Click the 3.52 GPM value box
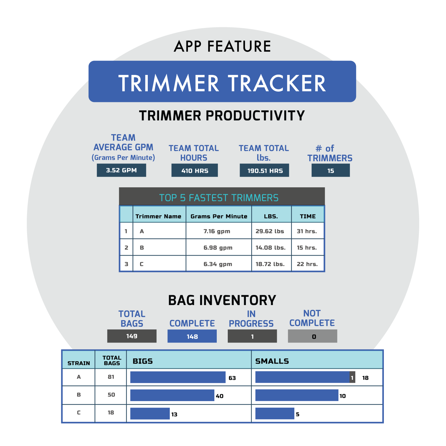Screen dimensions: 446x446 click(121, 170)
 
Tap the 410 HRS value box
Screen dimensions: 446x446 click(194, 170)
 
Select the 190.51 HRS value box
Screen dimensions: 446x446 click(264, 170)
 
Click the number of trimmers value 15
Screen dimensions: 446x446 click(331, 171)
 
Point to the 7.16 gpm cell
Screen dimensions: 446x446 click(217, 231)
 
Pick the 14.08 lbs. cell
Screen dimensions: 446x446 click(271, 247)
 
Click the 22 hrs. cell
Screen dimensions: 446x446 click(307, 264)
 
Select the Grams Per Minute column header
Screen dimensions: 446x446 click(219, 216)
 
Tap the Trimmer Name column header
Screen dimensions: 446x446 click(158, 216)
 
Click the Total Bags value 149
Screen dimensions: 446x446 click(132, 336)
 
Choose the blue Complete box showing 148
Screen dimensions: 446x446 click(192, 336)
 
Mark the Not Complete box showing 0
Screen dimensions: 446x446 click(312, 336)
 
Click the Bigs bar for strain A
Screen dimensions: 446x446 click(178, 377)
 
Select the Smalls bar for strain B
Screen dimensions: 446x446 click(297, 395)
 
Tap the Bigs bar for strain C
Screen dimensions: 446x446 click(150, 414)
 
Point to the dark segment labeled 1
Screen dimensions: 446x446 click(352, 377)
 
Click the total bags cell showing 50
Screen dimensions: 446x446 click(111, 395)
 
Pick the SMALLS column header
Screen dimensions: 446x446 click(272, 361)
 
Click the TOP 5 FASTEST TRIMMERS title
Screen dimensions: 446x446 click(219, 198)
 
